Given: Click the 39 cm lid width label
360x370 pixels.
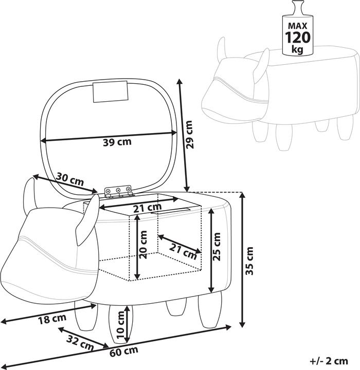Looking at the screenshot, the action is [117, 142].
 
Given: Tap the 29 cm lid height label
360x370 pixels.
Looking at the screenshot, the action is [189, 135].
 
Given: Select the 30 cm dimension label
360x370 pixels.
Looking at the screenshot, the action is [70, 179].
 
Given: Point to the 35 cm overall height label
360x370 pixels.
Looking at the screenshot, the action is [249, 261].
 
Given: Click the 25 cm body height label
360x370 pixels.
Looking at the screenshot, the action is [217, 246].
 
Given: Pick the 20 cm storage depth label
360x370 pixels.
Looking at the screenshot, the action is [143, 245].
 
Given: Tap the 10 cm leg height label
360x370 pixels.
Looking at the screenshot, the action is [120, 325].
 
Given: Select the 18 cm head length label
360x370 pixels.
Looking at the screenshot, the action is [52, 319].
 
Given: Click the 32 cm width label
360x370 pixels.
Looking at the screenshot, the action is [80, 343].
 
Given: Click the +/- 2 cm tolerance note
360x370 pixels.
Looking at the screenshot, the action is [329, 361].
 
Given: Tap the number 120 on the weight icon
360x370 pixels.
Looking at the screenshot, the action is [297, 38].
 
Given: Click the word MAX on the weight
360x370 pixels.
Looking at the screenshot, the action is [297, 26].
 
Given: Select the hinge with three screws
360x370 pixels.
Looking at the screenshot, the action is [118, 191].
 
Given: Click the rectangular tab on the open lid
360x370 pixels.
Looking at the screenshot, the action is [111, 92].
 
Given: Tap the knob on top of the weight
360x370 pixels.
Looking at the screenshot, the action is [298, 8].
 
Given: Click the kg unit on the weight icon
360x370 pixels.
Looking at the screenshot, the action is [297, 49].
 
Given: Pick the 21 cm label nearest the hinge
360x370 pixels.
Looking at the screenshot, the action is [148, 208].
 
